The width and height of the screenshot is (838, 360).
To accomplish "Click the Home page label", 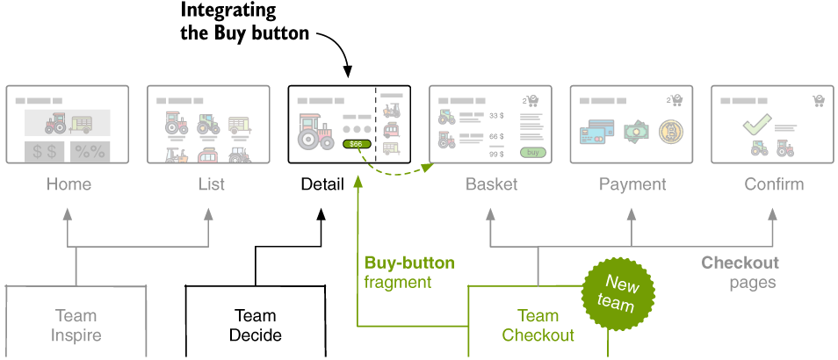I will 69,184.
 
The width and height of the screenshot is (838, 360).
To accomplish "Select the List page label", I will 211,184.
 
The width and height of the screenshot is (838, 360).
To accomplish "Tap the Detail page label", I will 322,184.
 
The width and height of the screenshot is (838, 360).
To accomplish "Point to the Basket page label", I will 491,184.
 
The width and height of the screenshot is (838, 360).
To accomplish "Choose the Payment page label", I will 632,184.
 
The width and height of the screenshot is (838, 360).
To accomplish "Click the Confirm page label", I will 774,184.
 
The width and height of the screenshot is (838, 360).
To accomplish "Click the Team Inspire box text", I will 76,325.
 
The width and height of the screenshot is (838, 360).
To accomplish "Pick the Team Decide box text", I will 255,325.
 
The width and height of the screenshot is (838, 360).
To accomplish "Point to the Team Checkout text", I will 538,325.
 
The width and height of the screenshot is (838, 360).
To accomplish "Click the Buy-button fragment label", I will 409,272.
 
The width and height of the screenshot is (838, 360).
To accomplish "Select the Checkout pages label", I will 740,272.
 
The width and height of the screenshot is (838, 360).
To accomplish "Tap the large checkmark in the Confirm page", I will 756,125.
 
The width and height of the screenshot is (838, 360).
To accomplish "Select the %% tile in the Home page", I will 90,151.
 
